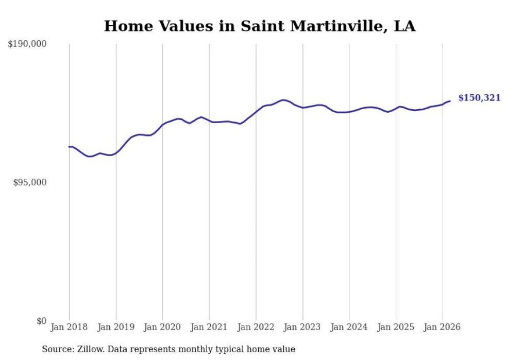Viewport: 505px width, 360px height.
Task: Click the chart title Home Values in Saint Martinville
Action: click(x=260, y=26)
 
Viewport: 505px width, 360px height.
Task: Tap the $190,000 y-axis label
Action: click(x=27, y=44)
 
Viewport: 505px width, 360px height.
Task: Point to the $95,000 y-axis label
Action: click(x=30, y=182)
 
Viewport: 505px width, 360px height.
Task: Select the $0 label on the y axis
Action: click(x=41, y=321)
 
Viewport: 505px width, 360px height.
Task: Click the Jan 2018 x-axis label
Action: click(x=69, y=327)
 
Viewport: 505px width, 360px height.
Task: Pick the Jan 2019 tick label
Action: click(x=116, y=327)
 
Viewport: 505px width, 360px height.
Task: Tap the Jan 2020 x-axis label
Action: click(x=162, y=327)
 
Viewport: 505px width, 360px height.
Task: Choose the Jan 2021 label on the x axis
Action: click(x=209, y=327)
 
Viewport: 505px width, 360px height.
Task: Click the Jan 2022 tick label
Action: click(x=256, y=327)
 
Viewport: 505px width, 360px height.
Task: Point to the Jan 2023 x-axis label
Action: click(x=302, y=327)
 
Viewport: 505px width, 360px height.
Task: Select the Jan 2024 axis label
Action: click(x=349, y=327)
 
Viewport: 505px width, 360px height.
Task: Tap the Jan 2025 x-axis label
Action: click(x=396, y=327)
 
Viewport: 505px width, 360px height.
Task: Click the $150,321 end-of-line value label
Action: click(x=479, y=98)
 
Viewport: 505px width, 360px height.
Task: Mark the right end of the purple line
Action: click(x=450, y=101)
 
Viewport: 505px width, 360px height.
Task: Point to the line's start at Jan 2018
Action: click(x=69, y=147)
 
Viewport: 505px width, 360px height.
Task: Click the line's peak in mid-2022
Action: click(x=283, y=100)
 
